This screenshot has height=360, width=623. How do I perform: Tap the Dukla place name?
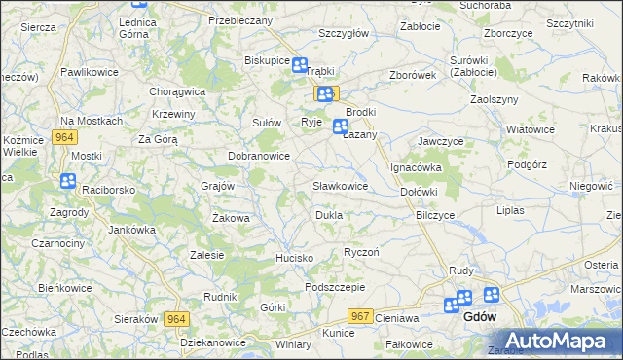tap(328, 214)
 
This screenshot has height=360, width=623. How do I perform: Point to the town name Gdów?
tap(481, 317)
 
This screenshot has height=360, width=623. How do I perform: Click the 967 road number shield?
tap(360, 316)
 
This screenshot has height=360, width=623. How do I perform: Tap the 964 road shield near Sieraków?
tap(176, 319)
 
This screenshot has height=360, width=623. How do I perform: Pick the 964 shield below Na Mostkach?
tap(65, 137)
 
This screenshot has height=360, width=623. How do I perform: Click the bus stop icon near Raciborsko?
tap(67, 180)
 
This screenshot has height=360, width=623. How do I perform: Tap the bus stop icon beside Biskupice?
tap(300, 66)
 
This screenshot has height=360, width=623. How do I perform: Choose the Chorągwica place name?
tap(177, 91)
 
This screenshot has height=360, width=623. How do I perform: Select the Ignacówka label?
tap(417, 167)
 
